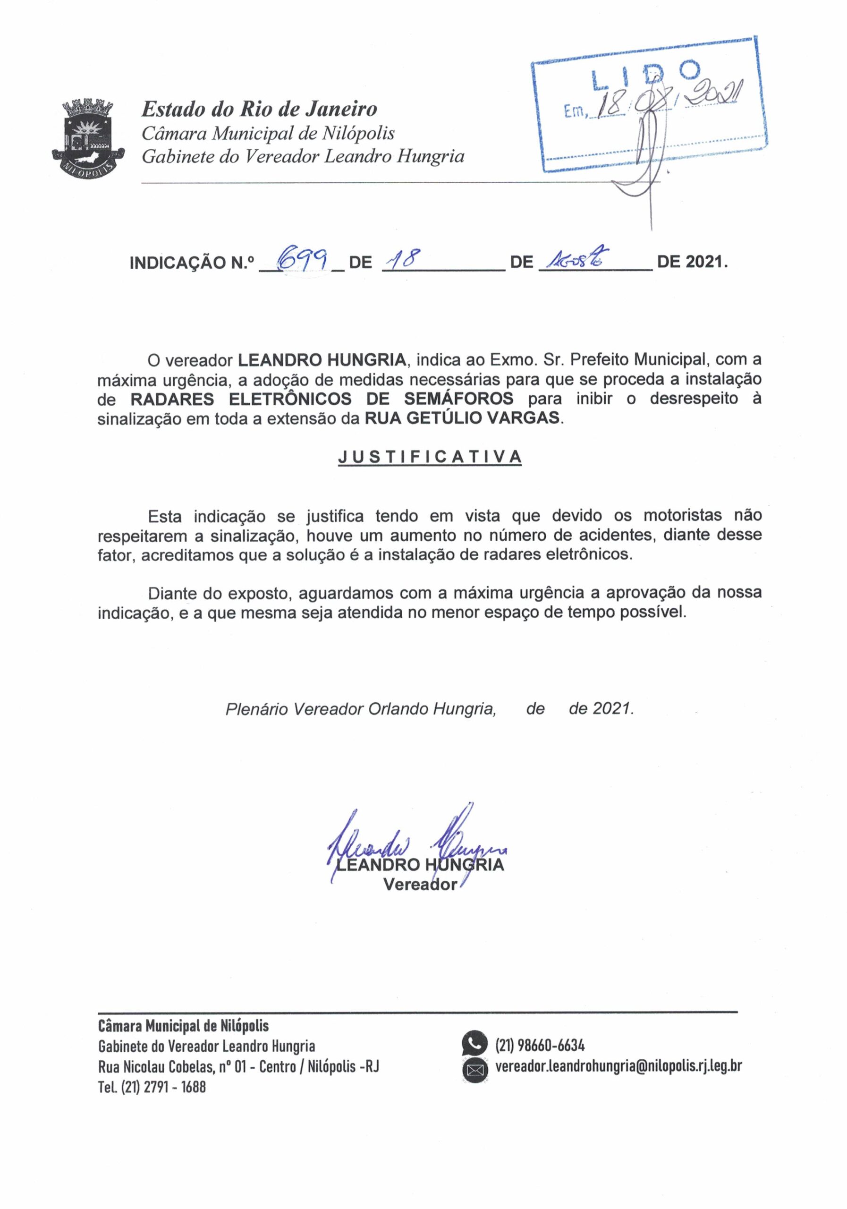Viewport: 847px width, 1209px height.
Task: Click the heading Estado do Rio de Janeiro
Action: point(259,109)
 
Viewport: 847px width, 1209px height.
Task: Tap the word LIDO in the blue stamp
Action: point(646,74)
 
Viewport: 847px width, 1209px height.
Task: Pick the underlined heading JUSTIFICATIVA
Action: point(430,457)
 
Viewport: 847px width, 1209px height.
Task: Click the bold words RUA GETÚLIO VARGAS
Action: point(463,418)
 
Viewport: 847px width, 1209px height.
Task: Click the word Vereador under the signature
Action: point(420,885)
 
